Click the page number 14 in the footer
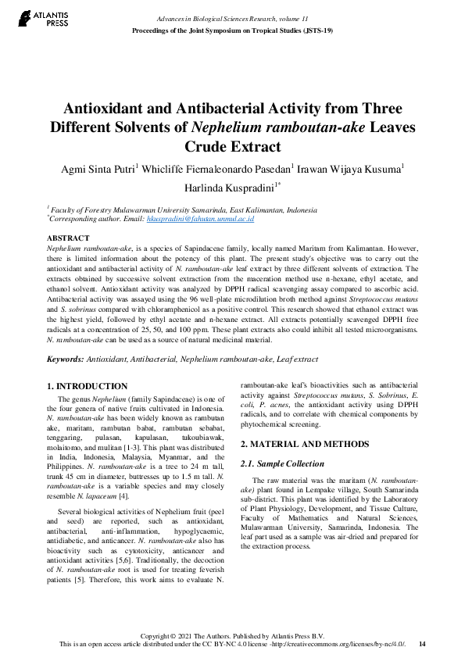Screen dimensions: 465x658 tap(422, 644)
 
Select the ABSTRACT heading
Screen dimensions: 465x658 tap(69, 237)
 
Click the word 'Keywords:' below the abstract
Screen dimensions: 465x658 tap(66, 359)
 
